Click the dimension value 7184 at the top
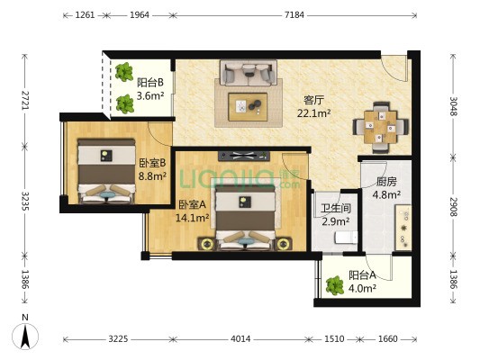[294, 15]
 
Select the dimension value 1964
[140, 15]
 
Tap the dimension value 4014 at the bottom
[240, 339]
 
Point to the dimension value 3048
[453, 106]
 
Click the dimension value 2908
[453, 207]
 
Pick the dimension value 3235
[25, 201]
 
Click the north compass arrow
[25, 336]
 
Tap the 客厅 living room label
[313, 100]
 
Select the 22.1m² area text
[313, 113]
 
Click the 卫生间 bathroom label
[336, 208]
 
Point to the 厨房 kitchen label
[386, 182]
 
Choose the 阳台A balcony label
[362, 275]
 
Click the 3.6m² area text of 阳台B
[150, 96]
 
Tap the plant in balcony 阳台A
[334, 285]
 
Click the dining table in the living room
[380, 127]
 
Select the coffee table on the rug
[248, 107]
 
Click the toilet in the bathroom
[346, 238]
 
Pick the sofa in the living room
[249, 73]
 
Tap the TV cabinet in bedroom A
[244, 156]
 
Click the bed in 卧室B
[106, 171]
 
